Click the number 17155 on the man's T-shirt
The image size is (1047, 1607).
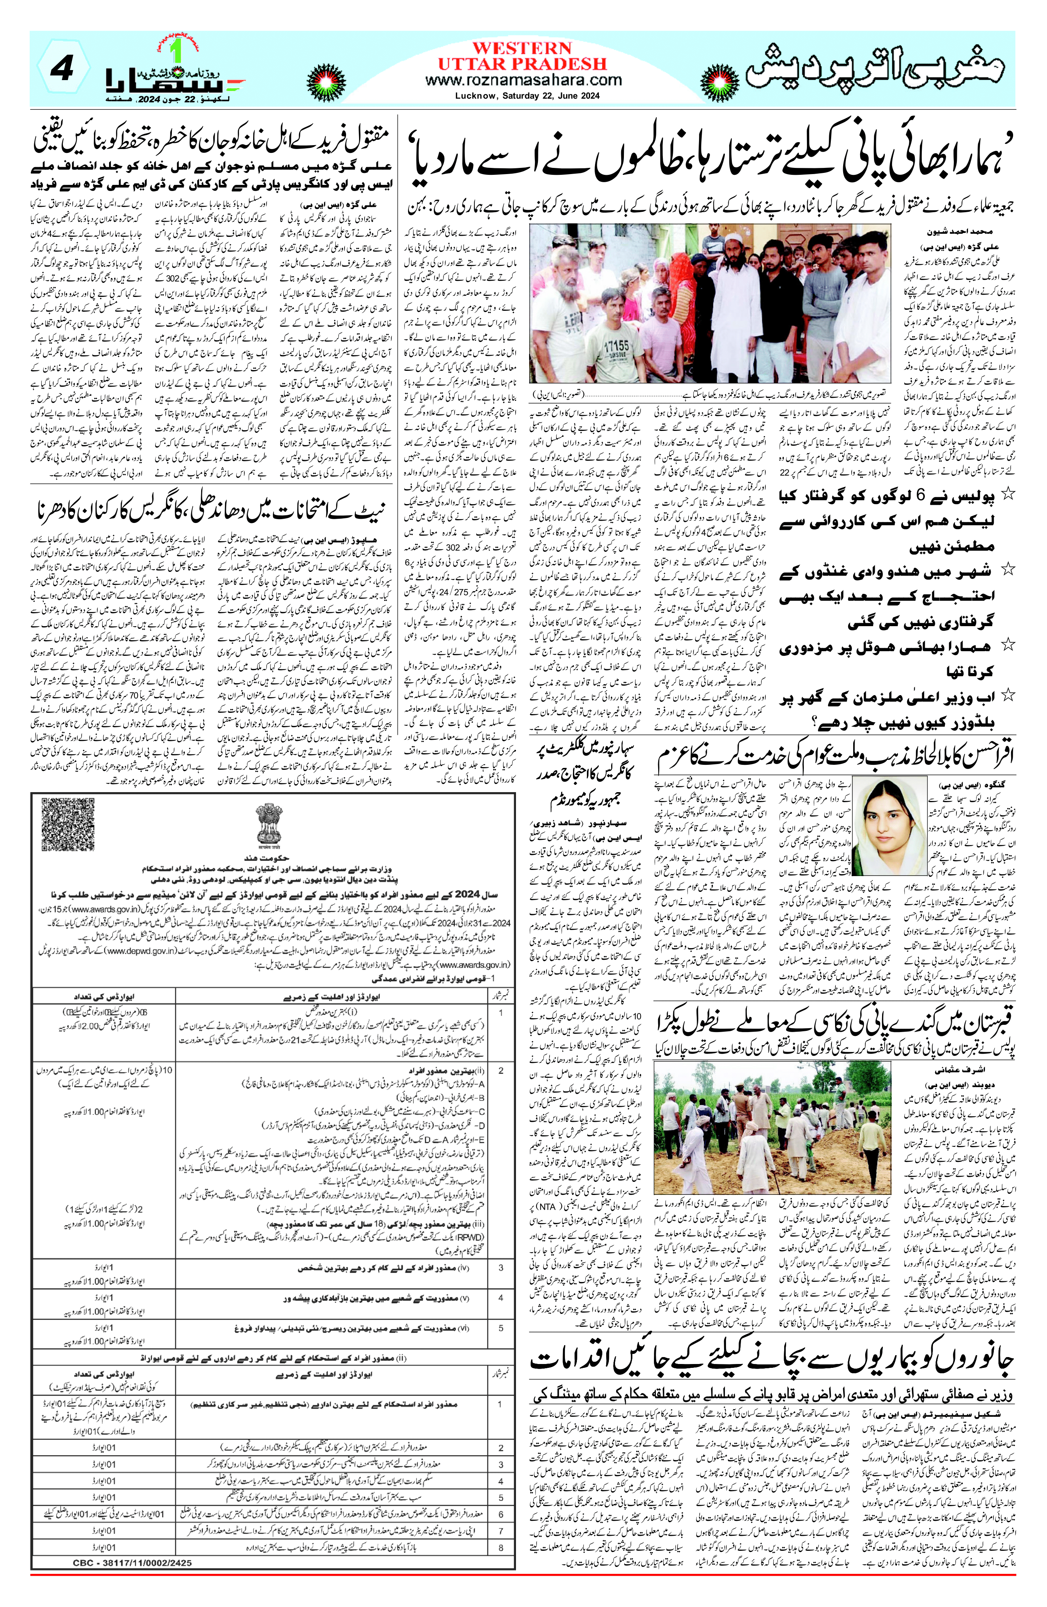pos(616,345)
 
